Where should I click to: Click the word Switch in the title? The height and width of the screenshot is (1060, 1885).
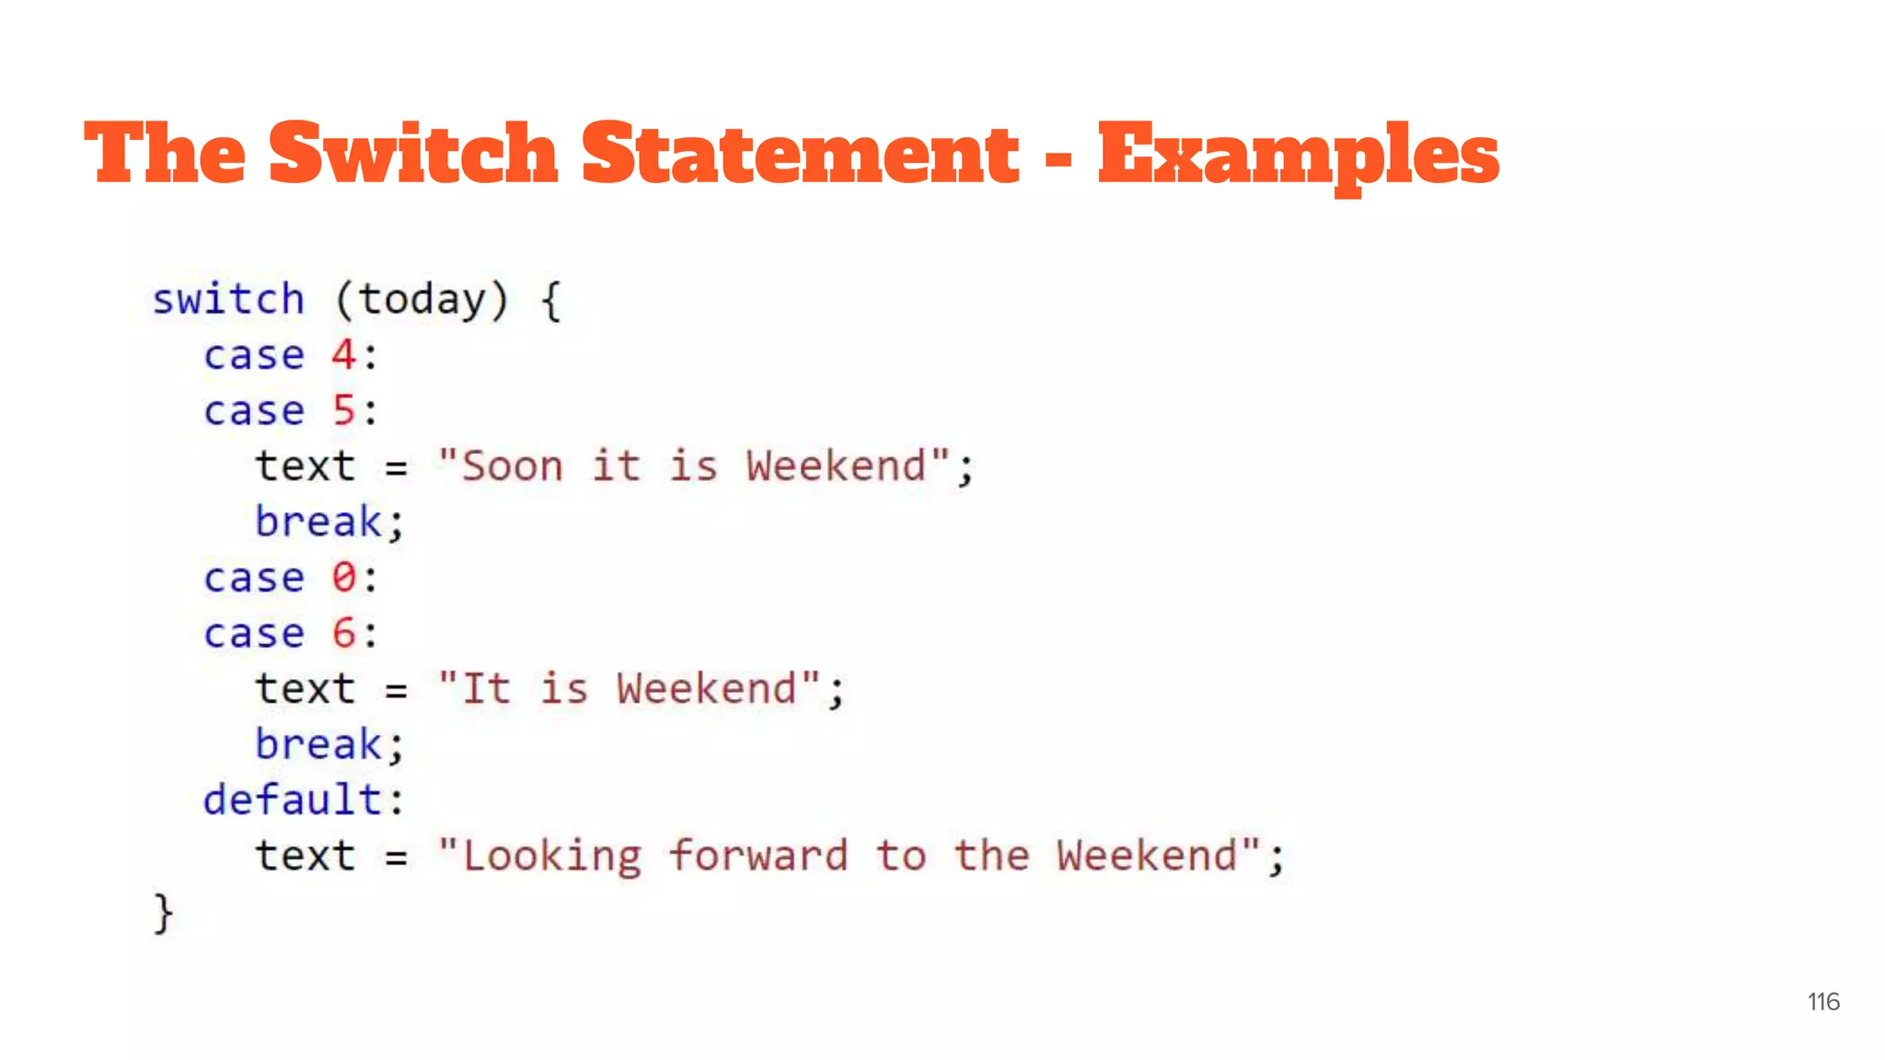click(413, 153)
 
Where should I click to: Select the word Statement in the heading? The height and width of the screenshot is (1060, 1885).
click(800, 153)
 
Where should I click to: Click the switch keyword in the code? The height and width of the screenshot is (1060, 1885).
click(228, 300)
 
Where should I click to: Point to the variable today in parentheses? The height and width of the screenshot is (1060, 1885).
click(422, 300)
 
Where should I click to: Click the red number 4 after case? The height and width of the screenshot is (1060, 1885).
click(343, 355)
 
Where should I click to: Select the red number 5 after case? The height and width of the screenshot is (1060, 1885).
click(343, 410)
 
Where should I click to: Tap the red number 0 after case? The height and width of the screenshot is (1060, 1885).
click(343, 578)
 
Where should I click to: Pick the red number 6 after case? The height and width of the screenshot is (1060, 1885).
click(343, 633)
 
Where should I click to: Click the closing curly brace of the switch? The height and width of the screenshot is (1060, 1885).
click(163, 913)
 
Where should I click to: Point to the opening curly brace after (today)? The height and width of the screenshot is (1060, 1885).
click(550, 301)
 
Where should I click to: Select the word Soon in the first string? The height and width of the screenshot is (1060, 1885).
click(512, 467)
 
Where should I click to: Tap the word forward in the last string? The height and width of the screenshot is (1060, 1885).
click(757, 856)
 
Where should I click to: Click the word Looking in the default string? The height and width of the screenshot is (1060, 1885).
click(551, 856)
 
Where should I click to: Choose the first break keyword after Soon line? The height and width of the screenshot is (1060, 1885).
click(318, 522)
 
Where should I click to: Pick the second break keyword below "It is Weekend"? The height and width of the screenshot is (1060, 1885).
click(318, 744)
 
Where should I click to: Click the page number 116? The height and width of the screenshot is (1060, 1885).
click(1822, 1002)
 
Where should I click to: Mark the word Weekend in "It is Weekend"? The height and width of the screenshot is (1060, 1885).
click(706, 689)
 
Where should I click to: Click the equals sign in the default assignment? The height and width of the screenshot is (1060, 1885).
click(396, 857)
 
